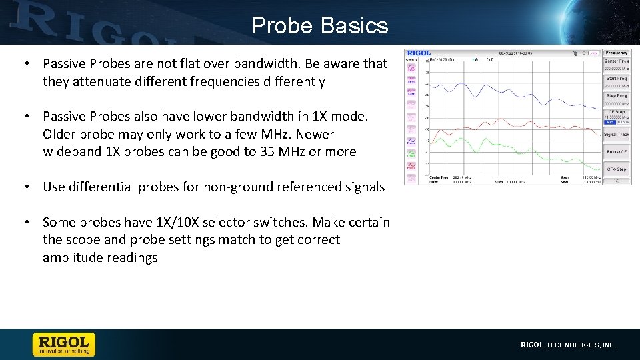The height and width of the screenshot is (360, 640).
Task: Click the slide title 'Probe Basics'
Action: click(x=320, y=25)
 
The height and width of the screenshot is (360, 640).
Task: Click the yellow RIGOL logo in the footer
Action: click(x=64, y=344)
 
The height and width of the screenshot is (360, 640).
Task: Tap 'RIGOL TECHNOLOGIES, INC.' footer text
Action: click(x=568, y=345)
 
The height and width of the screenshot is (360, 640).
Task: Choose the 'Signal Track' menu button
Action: click(x=616, y=135)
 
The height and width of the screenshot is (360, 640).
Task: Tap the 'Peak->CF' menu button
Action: click(x=616, y=152)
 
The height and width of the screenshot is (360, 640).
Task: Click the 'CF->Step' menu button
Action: click(x=616, y=169)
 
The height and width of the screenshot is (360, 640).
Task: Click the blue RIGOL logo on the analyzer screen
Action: click(x=419, y=53)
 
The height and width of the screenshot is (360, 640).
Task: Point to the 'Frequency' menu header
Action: click(x=616, y=52)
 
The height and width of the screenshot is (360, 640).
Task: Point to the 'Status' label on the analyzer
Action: click(x=411, y=59)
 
